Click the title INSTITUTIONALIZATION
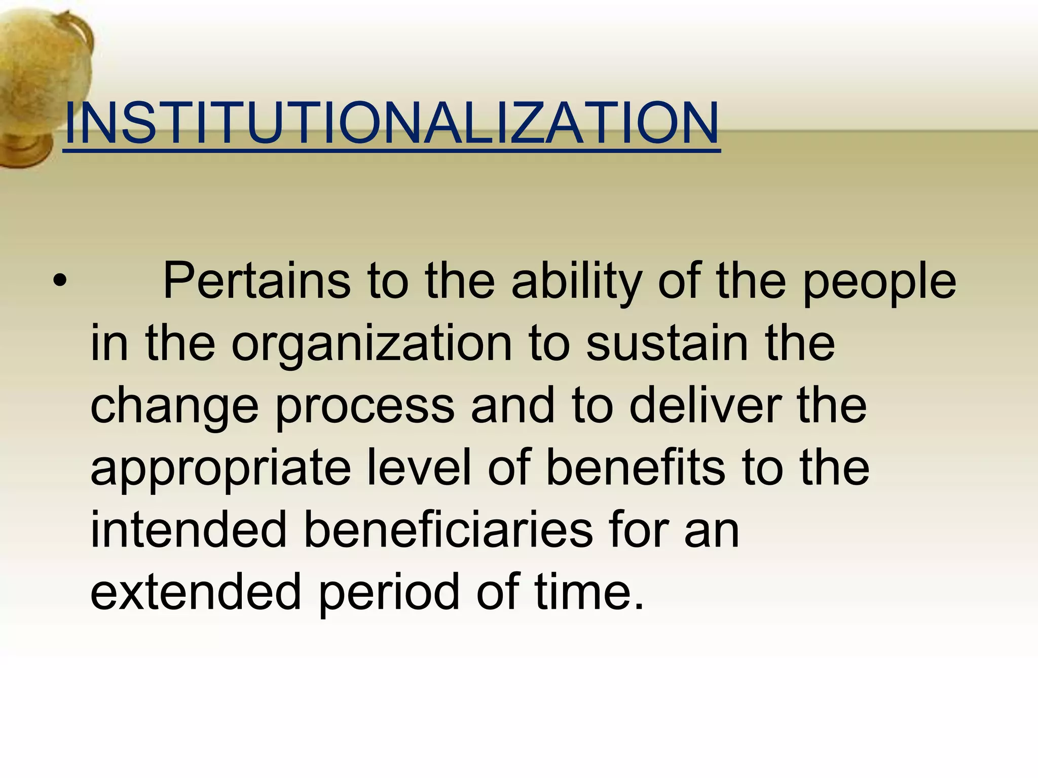pyautogui.click(x=391, y=123)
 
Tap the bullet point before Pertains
pyautogui.click(x=59, y=281)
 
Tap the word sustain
pyautogui.click(x=667, y=343)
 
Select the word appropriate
pyautogui.click(x=221, y=469)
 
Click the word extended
pyautogui.click(x=196, y=591)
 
